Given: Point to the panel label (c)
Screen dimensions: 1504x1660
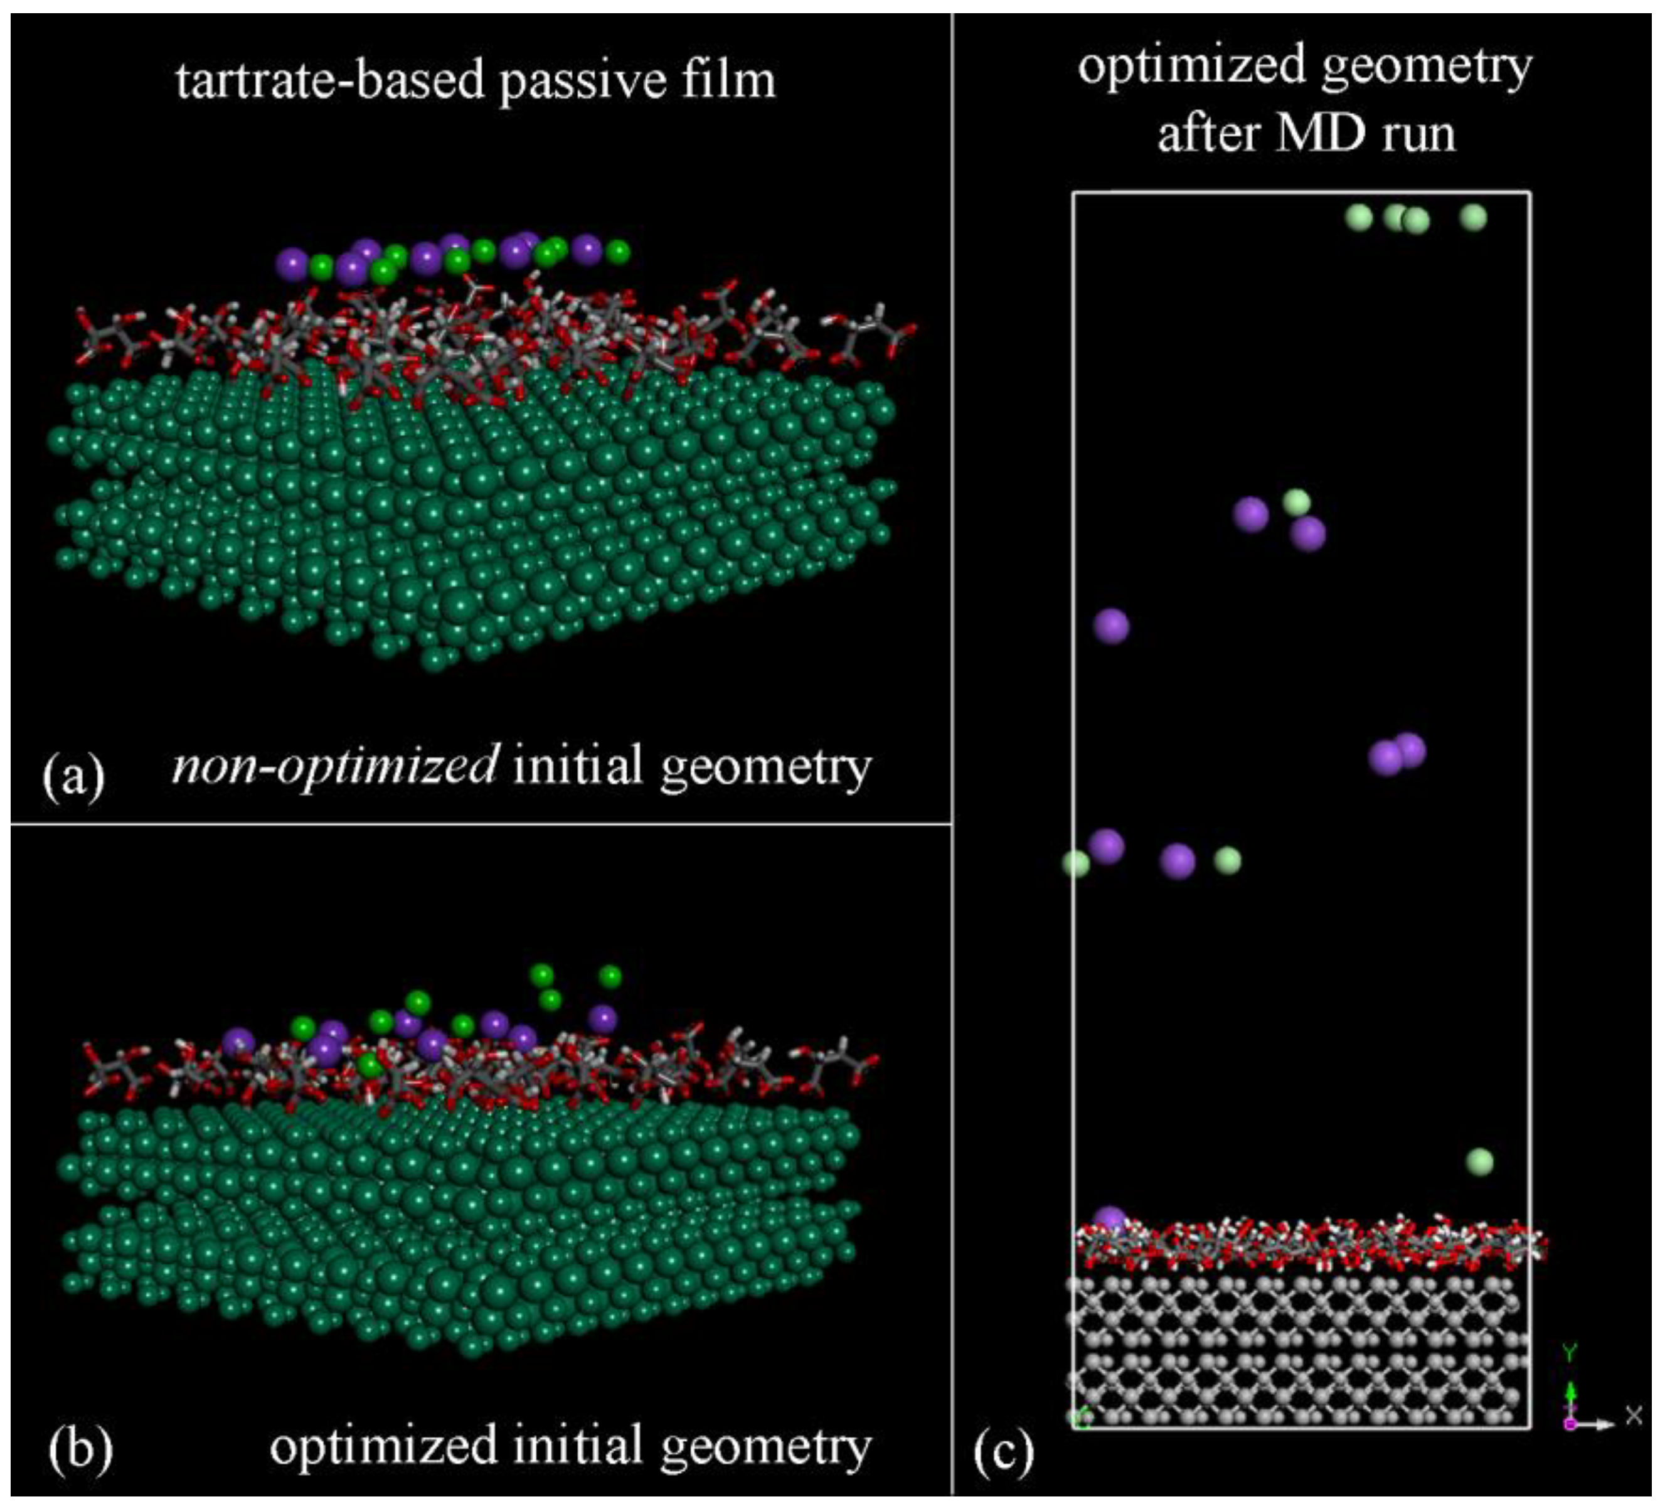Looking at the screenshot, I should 1003,1453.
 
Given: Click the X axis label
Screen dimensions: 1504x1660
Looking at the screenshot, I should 1633,1415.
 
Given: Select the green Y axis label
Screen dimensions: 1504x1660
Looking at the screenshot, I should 1570,1352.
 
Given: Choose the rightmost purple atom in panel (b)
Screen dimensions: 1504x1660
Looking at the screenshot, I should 604,1019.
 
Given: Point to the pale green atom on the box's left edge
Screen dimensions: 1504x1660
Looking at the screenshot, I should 1076,863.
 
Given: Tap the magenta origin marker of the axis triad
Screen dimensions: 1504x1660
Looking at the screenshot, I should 1570,1424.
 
